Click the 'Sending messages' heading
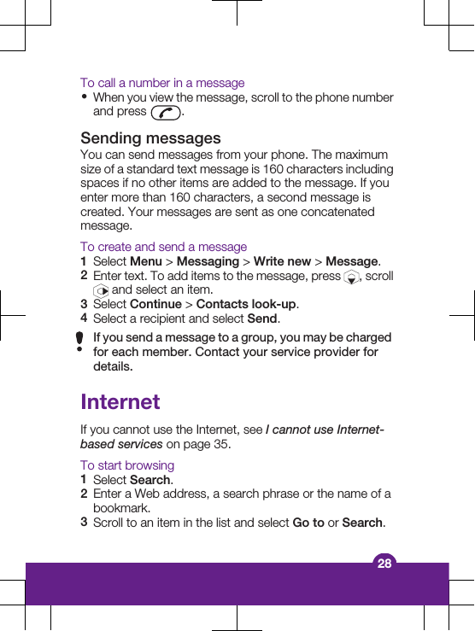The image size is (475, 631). point(150,138)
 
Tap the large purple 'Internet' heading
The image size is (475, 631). point(120,401)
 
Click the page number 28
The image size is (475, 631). point(384,563)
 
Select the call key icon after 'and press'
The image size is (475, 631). point(165,112)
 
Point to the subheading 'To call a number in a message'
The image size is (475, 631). point(162,83)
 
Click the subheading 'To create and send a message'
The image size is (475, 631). point(163,247)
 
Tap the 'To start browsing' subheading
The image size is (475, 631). point(127,465)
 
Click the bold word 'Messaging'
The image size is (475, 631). point(208,261)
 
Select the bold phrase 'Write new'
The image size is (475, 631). point(282,261)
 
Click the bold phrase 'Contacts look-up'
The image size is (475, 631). point(246,304)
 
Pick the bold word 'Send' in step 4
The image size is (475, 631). point(262,318)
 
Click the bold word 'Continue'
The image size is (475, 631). point(155,304)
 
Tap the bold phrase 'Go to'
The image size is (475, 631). point(308,523)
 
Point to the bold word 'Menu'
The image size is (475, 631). point(145,261)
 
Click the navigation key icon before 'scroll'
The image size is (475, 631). point(352,277)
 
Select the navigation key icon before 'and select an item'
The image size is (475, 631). point(101,290)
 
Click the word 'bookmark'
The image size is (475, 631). point(120,508)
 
